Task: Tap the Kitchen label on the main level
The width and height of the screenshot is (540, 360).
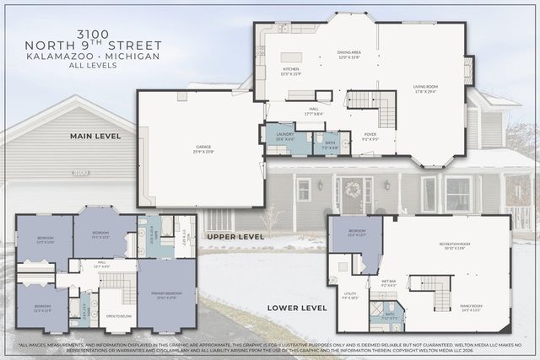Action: [x=291, y=71]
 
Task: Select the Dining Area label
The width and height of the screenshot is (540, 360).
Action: [x=349, y=55]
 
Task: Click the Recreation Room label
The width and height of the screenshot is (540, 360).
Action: [x=453, y=246]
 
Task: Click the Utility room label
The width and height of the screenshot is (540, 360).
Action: [x=350, y=297]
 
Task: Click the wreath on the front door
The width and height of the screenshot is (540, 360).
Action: [x=353, y=188]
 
